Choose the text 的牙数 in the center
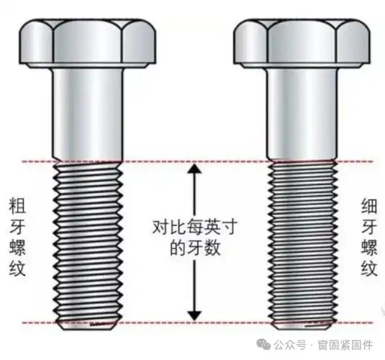point(192,250)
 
